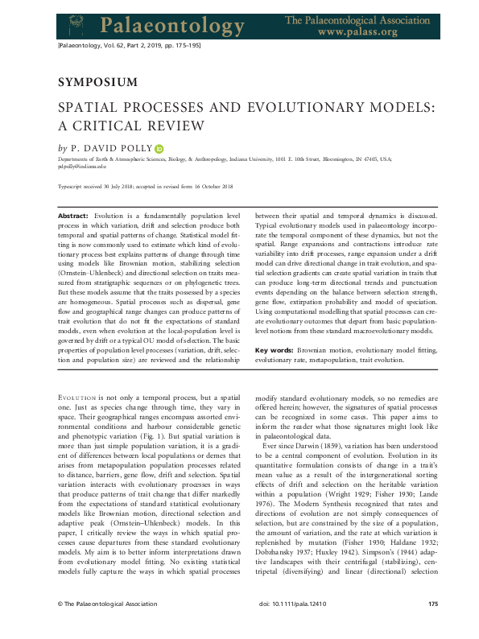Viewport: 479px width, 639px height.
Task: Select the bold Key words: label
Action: [x=275, y=351]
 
